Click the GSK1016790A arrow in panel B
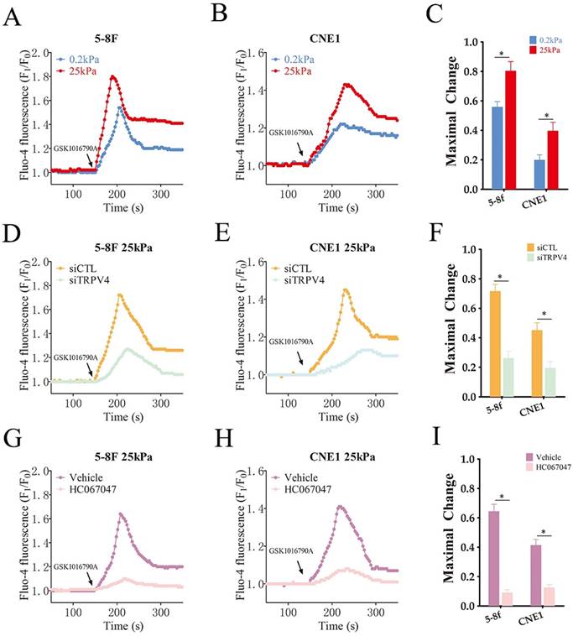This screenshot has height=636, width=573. [301, 149]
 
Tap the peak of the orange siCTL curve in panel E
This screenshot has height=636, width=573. [345, 290]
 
